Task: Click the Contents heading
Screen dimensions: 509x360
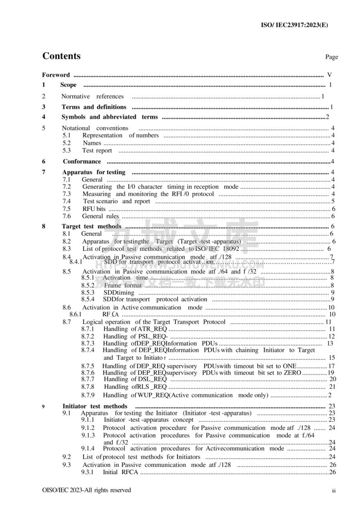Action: coord(61,56)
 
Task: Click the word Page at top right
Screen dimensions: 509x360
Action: coord(331,57)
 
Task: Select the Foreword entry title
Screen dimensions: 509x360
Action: coord(56,75)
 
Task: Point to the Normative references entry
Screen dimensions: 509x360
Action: coord(92,96)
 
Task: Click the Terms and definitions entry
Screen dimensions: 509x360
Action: coord(94,107)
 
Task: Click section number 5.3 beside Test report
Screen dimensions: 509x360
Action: coord(67,150)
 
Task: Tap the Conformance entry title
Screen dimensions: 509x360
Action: coord(82,162)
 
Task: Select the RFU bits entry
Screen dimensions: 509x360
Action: coord(94,209)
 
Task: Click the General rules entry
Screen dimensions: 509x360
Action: coord(94,216)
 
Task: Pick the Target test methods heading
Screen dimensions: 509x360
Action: coord(91,226)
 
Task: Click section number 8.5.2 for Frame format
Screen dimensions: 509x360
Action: coord(88,285)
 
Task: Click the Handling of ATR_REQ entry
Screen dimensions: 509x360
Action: coord(135,329)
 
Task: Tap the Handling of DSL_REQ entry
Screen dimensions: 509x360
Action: coord(135,379)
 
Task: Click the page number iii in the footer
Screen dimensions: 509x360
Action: coord(333,491)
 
